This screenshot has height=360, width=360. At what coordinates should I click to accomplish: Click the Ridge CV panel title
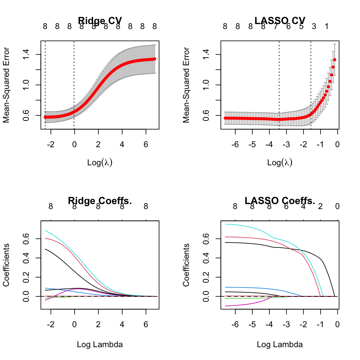100,21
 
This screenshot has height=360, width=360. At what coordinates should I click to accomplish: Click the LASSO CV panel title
280,21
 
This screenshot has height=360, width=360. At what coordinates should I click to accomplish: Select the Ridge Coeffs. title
100,201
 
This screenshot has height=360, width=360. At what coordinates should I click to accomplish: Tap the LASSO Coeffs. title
280,201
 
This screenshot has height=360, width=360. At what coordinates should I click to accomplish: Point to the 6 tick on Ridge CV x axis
146,144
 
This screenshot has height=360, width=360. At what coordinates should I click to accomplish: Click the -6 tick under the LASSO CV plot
235,144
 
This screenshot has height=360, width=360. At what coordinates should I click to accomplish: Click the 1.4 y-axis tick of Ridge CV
26,55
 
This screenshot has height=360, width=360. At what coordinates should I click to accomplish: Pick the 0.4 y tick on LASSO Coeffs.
206,258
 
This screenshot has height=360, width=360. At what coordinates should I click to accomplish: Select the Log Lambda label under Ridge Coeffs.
100,345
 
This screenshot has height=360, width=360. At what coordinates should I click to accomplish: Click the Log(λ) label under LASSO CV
280,162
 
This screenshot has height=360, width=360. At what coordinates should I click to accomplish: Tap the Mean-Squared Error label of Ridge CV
6,85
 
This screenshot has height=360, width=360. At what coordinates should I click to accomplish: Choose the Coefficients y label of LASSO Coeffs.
186,265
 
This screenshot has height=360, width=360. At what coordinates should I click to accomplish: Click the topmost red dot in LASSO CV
335,60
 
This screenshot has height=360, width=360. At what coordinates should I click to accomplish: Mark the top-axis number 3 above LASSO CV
314,27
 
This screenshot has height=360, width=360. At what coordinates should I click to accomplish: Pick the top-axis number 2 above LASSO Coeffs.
320,207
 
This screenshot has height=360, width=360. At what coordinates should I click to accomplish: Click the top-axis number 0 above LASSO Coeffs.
337,207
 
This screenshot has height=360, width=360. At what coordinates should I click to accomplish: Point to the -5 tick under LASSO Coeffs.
252,324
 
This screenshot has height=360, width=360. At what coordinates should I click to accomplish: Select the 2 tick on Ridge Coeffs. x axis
98,324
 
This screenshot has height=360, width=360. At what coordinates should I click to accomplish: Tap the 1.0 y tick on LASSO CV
206,85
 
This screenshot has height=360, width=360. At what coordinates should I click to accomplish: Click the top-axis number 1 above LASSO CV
327,27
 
